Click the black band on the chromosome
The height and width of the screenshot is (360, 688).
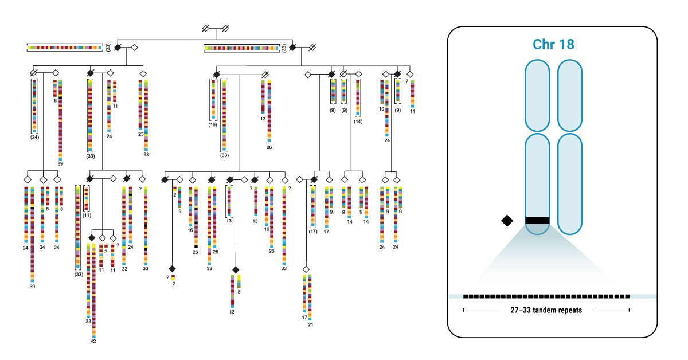538,221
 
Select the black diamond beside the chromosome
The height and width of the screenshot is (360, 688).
507,221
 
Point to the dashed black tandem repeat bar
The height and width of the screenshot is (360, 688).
546,296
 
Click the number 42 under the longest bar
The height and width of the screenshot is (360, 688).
93,341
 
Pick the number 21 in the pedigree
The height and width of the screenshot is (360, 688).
310,325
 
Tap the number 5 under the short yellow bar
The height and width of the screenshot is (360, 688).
239,292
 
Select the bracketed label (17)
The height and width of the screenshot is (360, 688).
312,232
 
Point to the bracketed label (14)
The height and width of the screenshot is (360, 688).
358,121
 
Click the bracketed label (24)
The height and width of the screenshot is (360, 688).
34,138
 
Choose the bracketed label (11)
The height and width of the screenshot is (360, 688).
87,215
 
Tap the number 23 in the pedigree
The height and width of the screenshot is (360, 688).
140,135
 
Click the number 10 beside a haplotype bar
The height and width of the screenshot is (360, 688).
381,109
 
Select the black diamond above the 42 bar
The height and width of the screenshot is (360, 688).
91,237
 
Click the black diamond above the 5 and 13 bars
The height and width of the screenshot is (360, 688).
235,269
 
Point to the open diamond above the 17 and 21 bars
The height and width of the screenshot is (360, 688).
306,269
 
